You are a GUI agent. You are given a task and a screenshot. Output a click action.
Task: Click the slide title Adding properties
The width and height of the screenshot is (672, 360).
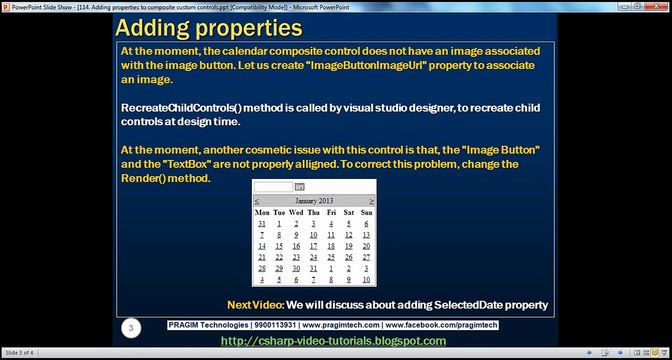point(209,27)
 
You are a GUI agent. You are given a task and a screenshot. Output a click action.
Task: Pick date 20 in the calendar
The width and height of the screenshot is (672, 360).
point(366,245)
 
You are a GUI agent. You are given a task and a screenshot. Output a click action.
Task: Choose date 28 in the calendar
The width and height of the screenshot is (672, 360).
point(261,268)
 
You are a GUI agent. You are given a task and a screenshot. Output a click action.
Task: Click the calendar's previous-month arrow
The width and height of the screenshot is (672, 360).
point(257,201)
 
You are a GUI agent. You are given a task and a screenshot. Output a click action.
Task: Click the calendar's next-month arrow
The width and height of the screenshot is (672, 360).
point(372,201)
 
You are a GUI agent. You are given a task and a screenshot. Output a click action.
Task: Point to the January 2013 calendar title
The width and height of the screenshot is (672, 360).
point(314,201)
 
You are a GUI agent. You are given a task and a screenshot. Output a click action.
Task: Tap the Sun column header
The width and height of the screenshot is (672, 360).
point(366,212)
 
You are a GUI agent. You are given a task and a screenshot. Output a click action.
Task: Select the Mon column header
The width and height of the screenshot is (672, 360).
point(262,212)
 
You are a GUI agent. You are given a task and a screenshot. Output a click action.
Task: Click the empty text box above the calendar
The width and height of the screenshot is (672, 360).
point(273,187)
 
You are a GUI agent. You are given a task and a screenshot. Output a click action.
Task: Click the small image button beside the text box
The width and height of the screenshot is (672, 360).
point(299,187)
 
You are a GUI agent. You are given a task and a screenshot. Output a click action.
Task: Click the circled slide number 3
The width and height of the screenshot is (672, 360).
point(129,327)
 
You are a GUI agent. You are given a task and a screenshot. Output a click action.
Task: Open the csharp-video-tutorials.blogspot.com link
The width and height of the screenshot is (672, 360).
point(333,342)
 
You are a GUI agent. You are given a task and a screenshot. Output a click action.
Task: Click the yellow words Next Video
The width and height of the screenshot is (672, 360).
point(254,304)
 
